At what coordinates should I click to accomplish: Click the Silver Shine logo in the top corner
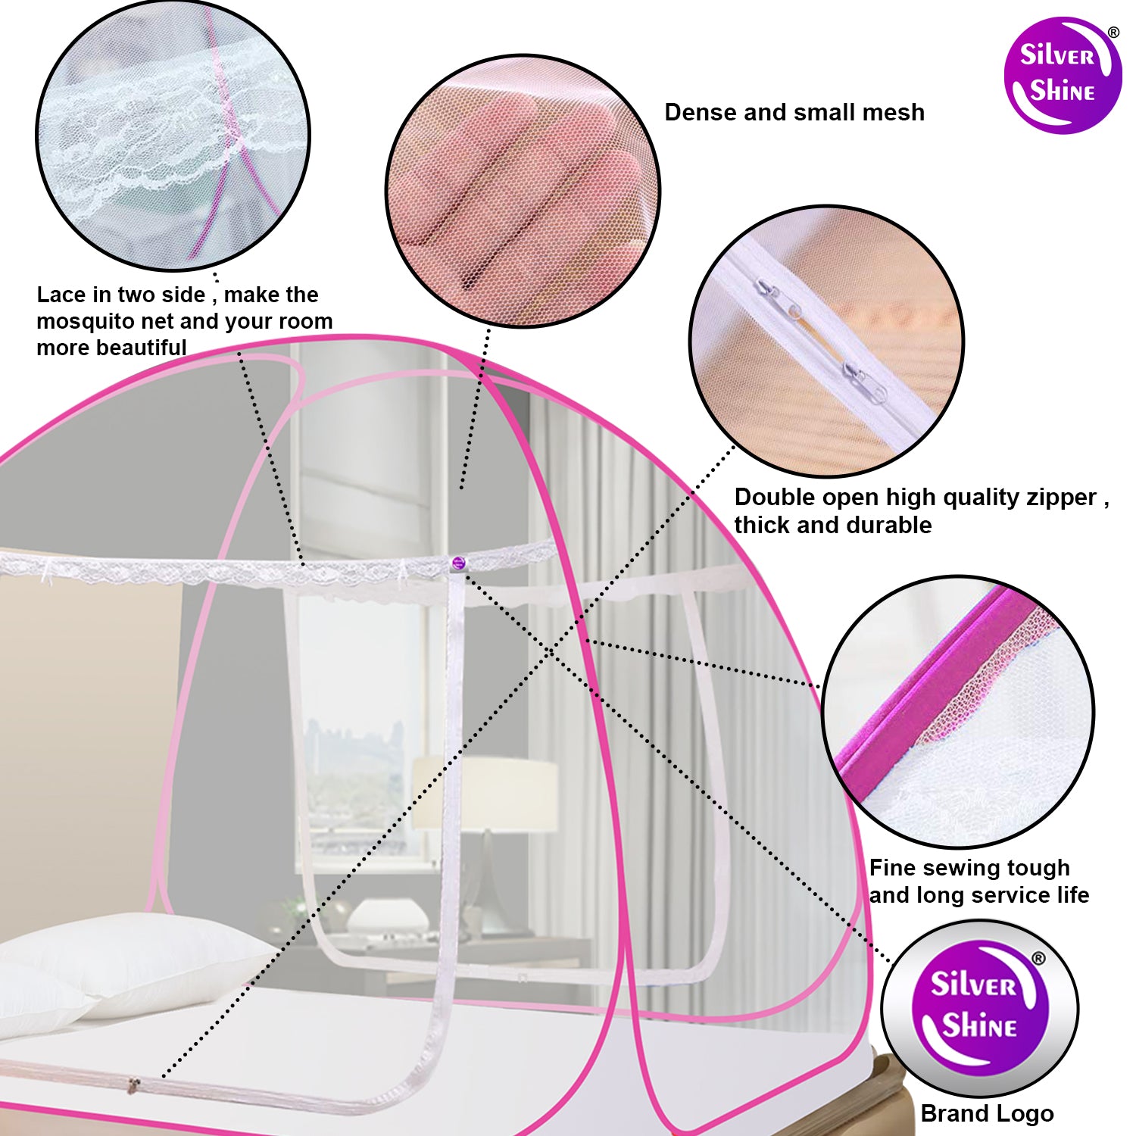(1063, 76)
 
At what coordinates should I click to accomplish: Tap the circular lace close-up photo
(173, 136)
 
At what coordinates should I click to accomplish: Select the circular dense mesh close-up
(523, 191)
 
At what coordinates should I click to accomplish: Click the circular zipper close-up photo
(826, 341)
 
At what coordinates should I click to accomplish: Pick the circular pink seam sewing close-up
(958, 712)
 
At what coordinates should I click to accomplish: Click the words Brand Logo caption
(987, 1113)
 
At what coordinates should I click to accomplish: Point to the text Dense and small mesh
(794, 112)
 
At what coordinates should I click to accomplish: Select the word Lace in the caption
(61, 294)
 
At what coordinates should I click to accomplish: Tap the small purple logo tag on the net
(457, 563)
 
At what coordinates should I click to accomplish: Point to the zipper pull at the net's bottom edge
(134, 1085)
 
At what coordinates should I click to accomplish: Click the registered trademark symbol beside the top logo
(1113, 33)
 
